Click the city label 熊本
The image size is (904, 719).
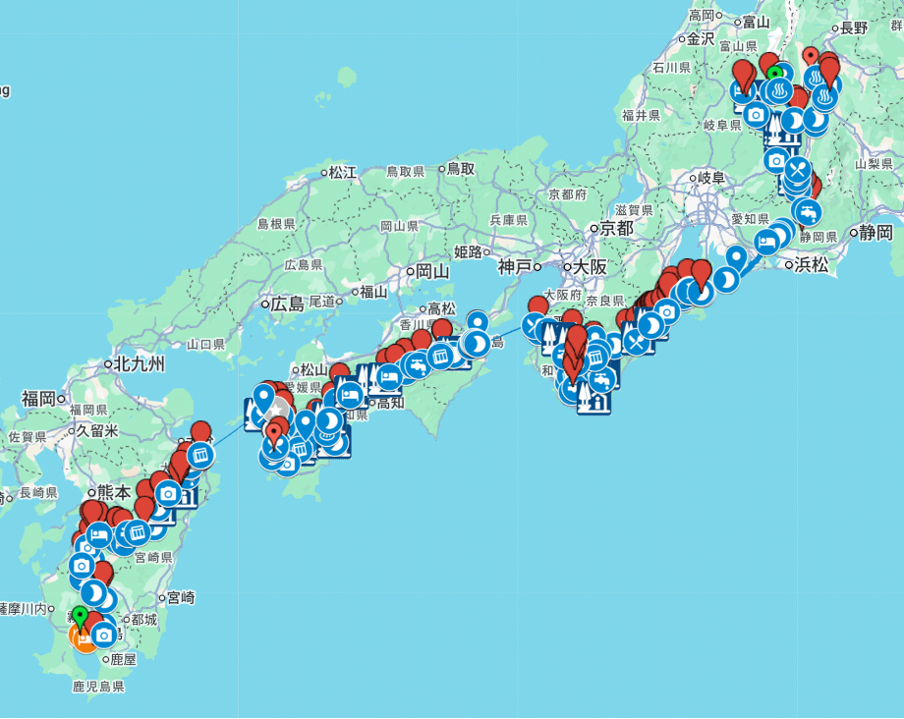114,492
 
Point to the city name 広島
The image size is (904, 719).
287,304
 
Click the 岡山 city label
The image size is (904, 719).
431,271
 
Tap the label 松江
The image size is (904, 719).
342,173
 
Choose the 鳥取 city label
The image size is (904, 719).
460,169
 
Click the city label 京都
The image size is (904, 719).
616,229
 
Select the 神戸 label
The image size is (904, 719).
514,266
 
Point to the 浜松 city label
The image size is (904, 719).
812,264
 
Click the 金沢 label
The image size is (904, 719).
700,39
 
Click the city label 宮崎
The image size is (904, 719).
180,596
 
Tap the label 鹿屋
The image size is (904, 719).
124,661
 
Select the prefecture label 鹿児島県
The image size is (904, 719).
98,687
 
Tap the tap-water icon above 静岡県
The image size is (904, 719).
806,210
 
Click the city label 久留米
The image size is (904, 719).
97,430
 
